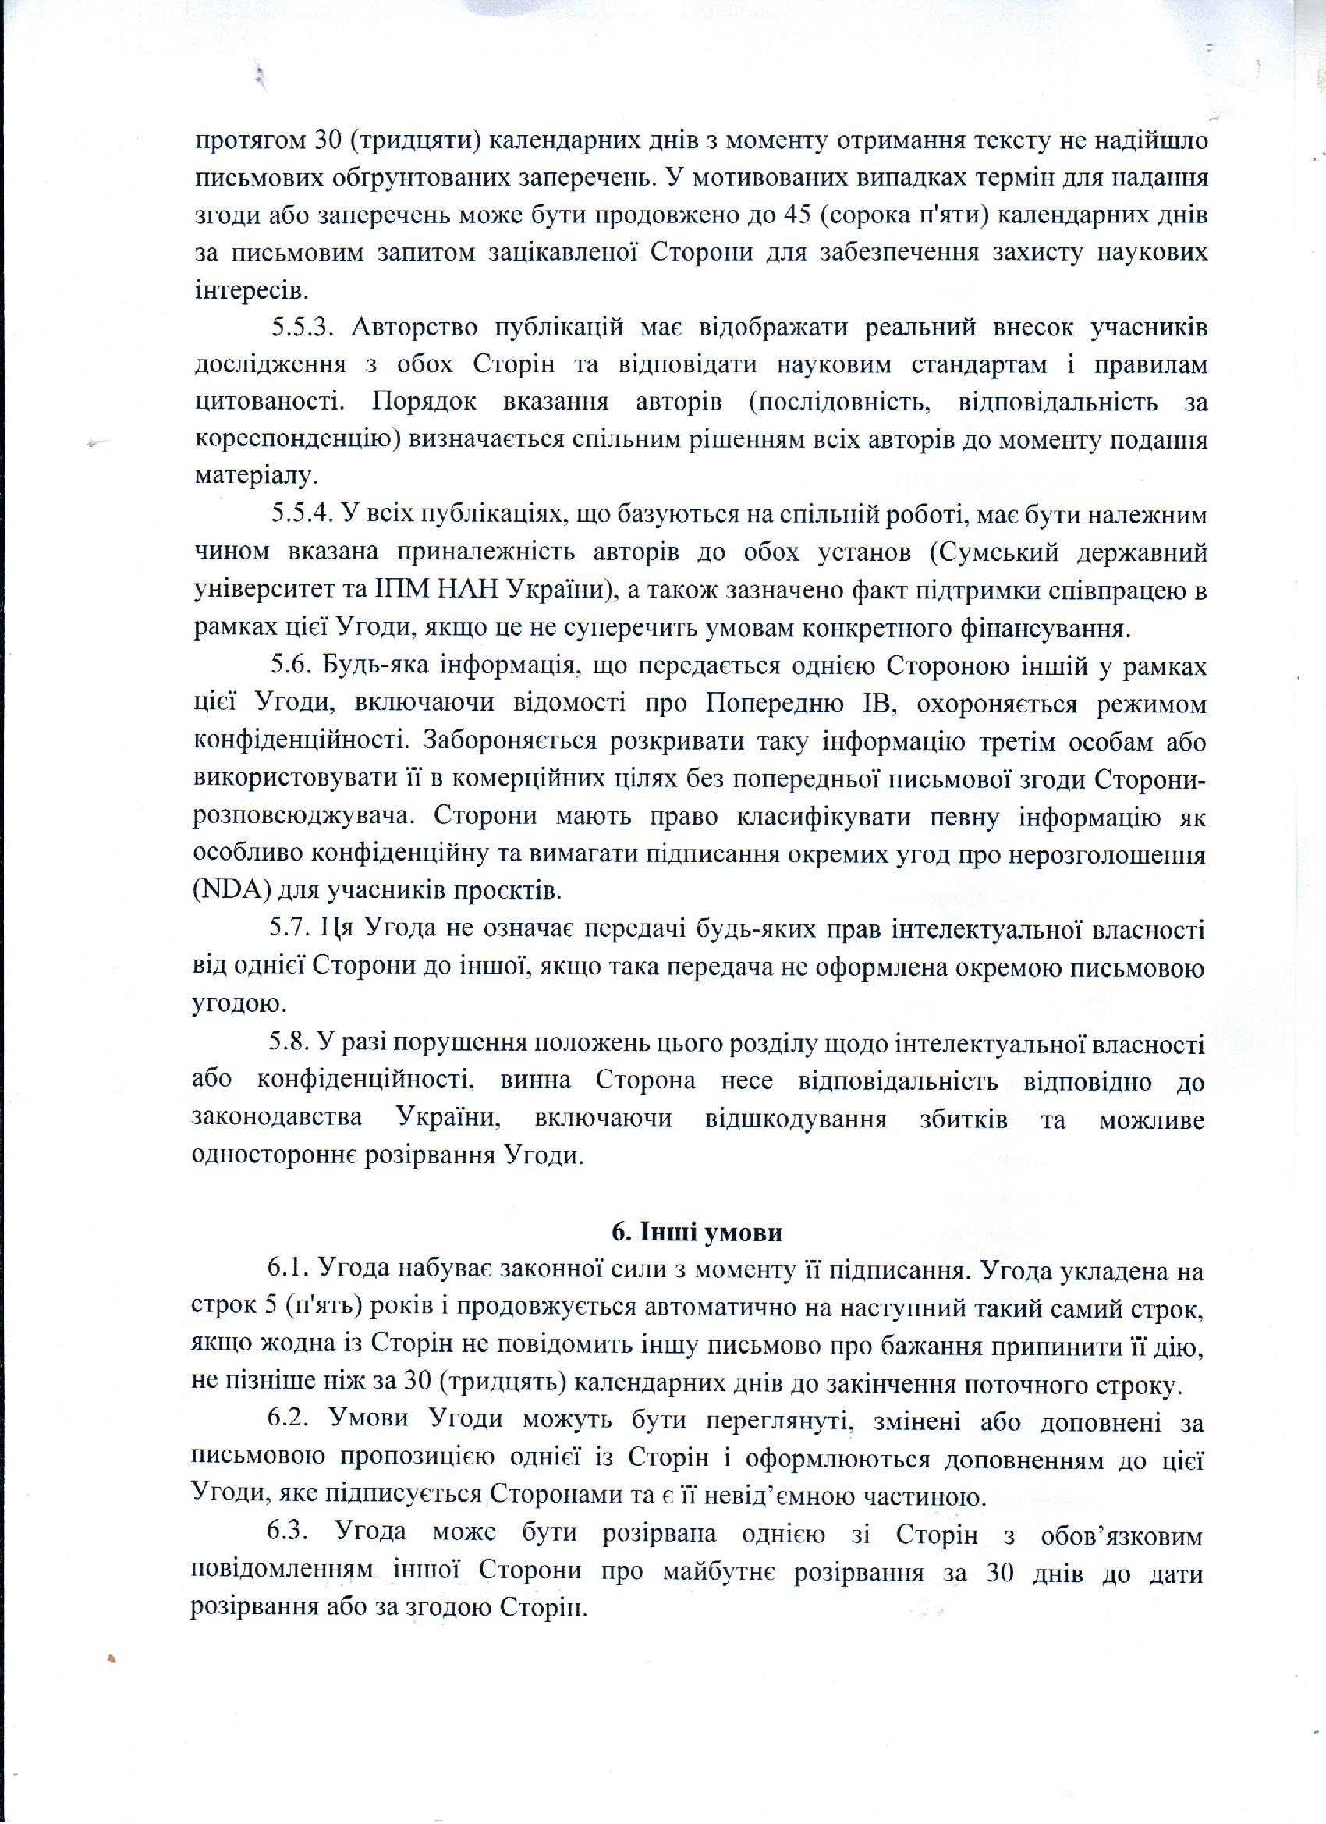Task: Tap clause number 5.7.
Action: (289, 929)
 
